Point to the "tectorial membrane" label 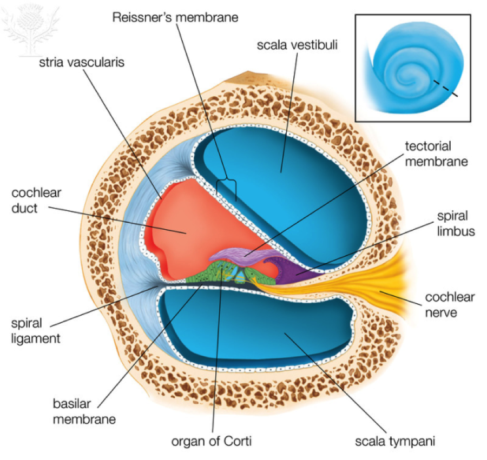coord(427,154)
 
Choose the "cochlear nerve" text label coord(450,304)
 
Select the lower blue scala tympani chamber coord(260,330)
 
